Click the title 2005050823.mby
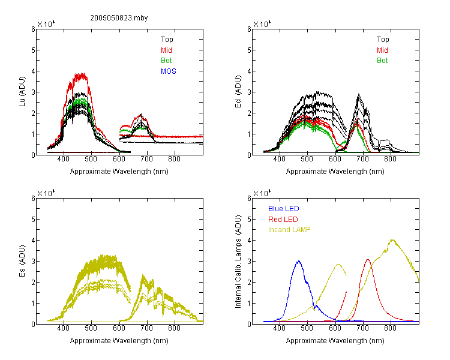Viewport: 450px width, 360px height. click(119, 18)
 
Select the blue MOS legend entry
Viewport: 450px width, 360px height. click(169, 71)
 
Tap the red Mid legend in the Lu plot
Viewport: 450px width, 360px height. click(166, 50)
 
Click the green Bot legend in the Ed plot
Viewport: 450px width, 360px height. click(382, 61)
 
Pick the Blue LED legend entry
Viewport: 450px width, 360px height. click(284, 209)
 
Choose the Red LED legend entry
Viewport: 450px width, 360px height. click(283, 220)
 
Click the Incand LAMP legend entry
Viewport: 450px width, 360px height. click(289, 230)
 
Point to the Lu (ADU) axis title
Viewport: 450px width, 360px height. click(22, 91)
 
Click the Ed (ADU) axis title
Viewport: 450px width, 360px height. click(238, 91)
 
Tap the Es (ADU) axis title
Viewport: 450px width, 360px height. click(22, 260)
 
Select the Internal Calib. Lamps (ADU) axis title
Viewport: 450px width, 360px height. click(238, 262)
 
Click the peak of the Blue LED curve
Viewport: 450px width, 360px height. click(299, 261)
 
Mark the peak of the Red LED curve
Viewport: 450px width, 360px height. click(368, 260)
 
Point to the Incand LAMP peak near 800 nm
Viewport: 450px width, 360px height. click(392, 239)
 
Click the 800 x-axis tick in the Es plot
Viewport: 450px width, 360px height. click(174, 328)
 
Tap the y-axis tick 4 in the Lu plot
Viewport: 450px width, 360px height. click(33, 71)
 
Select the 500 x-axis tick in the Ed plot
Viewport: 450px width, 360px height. click(307, 159)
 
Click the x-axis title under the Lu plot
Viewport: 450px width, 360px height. click(119, 172)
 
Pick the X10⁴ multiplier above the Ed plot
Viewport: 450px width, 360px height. click(262, 24)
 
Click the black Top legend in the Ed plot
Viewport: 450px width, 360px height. click(383, 40)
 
